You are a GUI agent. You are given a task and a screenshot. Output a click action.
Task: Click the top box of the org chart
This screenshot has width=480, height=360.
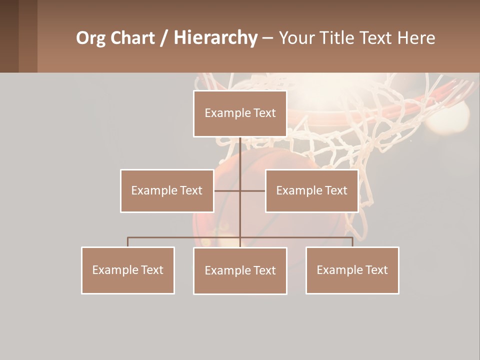[240, 113]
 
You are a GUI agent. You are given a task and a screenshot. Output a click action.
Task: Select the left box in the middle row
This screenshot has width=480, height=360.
[167, 190]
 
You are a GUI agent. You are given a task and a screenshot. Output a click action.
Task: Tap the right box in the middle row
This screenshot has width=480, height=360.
[311, 190]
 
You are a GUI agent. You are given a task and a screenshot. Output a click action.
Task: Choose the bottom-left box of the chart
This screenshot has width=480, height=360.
[128, 270]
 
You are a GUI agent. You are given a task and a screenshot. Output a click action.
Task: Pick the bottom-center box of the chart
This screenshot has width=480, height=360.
[240, 270]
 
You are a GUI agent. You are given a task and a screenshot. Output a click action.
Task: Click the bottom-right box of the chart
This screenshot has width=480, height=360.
[352, 270]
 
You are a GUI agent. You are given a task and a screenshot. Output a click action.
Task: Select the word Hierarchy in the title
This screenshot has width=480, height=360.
[215, 38]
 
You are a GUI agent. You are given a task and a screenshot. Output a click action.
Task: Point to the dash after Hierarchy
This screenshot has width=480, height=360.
[267, 38]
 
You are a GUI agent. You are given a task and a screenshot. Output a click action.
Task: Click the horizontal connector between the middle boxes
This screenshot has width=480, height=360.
[228, 190]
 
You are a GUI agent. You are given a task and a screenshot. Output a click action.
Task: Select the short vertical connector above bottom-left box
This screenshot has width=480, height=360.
[128, 242]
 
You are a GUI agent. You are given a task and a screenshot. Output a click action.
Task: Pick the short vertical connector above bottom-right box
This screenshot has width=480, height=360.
[352, 242]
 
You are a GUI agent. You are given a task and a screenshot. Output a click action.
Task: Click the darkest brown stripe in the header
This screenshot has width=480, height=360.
[9, 36]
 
